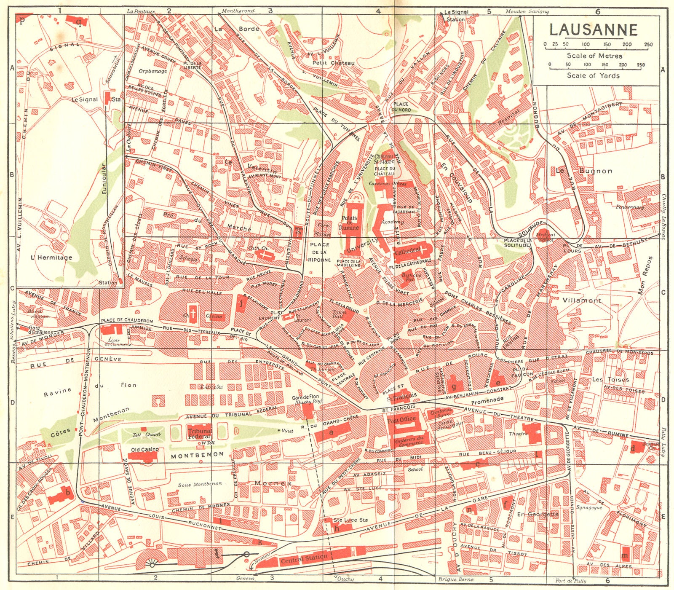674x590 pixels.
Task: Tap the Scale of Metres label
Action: coord(594,56)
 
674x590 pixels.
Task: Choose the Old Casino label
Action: coord(145,450)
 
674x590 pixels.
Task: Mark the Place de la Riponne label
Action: coord(319,252)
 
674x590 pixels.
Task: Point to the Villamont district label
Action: coord(582,300)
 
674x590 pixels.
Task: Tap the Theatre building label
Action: coord(518,434)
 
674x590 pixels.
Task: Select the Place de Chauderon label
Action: coord(127,321)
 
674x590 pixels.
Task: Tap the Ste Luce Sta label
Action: coord(350,520)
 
